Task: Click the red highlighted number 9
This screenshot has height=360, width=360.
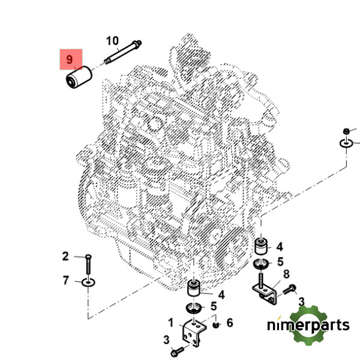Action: coord(69,59)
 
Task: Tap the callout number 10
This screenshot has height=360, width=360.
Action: coord(112,41)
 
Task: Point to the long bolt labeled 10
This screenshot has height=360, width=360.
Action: coord(123,52)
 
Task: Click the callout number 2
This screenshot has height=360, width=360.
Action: coord(66,257)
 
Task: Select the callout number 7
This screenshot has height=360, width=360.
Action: coord(66,280)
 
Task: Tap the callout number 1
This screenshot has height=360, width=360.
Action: coord(171,322)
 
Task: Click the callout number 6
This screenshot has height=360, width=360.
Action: coord(229,323)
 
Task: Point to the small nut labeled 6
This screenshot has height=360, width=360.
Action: coord(215,324)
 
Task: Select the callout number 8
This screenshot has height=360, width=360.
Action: coord(286,274)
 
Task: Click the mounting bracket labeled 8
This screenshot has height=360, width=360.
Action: coord(265,292)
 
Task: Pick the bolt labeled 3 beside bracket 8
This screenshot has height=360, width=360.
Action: coord(289,290)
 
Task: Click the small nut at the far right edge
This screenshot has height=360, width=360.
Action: coord(346,131)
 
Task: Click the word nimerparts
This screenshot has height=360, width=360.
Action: coord(308,325)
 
